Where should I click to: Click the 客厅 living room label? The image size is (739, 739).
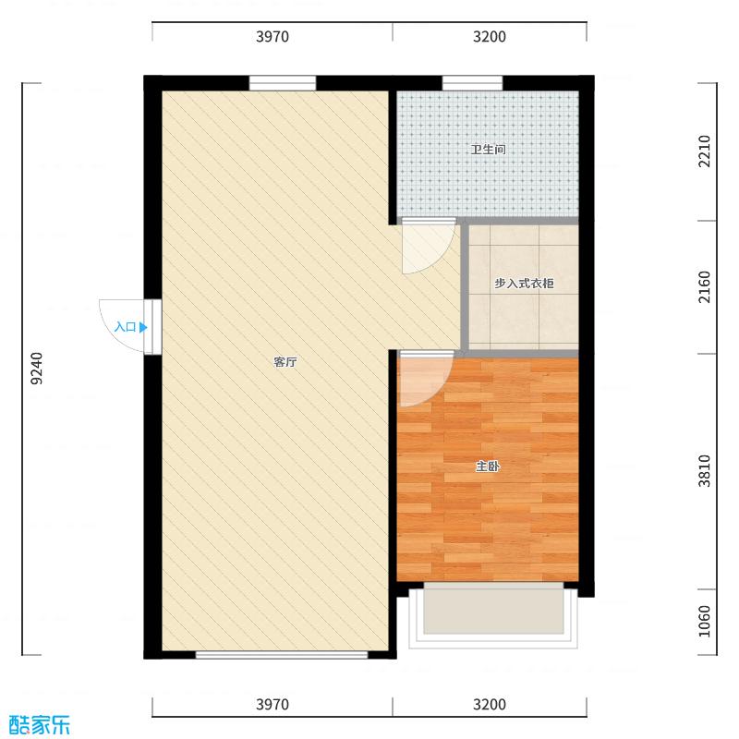(285, 362)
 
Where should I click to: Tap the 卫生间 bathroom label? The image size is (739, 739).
(488, 150)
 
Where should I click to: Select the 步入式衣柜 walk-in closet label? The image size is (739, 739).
(524, 284)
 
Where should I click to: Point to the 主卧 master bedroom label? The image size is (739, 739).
(488, 466)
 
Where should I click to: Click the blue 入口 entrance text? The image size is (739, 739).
(126, 327)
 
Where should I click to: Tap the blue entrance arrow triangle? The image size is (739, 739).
(143, 327)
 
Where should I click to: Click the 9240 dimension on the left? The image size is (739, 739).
(37, 368)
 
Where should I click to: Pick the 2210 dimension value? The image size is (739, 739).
(704, 151)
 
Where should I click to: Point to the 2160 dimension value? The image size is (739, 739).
(704, 287)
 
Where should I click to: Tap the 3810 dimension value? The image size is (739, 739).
(704, 471)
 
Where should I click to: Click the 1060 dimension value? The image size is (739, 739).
(704, 621)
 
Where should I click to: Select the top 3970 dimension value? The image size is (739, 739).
(273, 36)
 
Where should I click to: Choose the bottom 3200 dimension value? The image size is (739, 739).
(490, 704)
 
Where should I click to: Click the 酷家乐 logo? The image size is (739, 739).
(40, 725)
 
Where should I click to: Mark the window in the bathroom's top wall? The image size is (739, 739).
(472, 83)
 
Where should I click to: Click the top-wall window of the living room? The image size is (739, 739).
(283, 83)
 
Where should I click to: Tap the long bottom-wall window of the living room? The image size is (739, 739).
(282, 655)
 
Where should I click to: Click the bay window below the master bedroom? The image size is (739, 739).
(493, 616)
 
